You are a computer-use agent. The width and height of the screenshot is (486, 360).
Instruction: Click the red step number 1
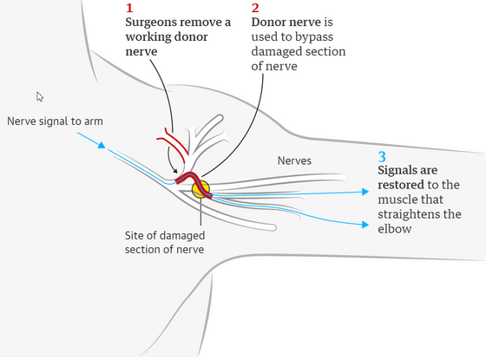pos(129,8)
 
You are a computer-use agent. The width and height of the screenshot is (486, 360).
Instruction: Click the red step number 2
pos(255,8)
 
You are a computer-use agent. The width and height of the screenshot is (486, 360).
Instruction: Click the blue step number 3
pos(382,157)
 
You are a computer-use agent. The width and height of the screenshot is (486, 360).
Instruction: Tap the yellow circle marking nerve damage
pos(200,189)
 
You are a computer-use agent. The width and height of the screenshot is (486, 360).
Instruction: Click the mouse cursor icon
pos(40,96)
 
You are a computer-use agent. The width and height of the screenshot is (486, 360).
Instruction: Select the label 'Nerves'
pos(294,160)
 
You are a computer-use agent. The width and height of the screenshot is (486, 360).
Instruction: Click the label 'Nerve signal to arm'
pos(55,121)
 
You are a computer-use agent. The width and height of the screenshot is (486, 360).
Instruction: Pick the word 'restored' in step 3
pos(401,185)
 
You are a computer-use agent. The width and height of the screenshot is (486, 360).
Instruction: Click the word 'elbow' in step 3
pos(395,229)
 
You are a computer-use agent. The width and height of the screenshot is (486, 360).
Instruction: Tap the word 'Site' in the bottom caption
pos(134,235)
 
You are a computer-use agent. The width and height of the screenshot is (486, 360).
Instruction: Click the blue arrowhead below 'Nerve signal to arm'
pos(102,145)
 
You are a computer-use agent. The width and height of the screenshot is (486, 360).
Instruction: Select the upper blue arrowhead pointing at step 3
pos(365,192)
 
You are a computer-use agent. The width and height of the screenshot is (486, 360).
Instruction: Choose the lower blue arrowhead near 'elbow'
pos(365,225)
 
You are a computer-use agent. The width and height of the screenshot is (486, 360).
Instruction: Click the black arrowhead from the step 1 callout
pos(175,171)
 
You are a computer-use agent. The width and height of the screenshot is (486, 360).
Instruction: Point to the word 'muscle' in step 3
pos(396,200)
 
